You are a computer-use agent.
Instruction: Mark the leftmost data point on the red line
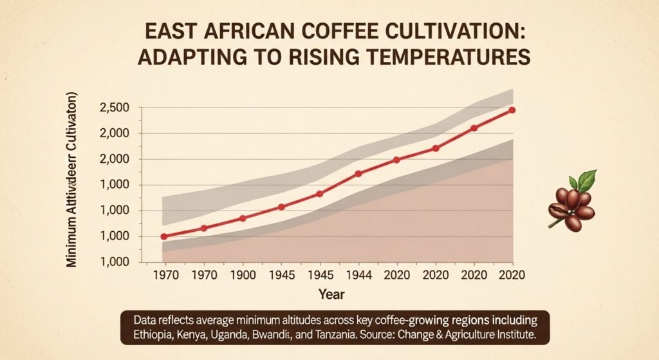163,237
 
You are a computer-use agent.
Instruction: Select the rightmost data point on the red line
512,110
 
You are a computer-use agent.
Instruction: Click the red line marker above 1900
243,218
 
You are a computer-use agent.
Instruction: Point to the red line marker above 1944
358,173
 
